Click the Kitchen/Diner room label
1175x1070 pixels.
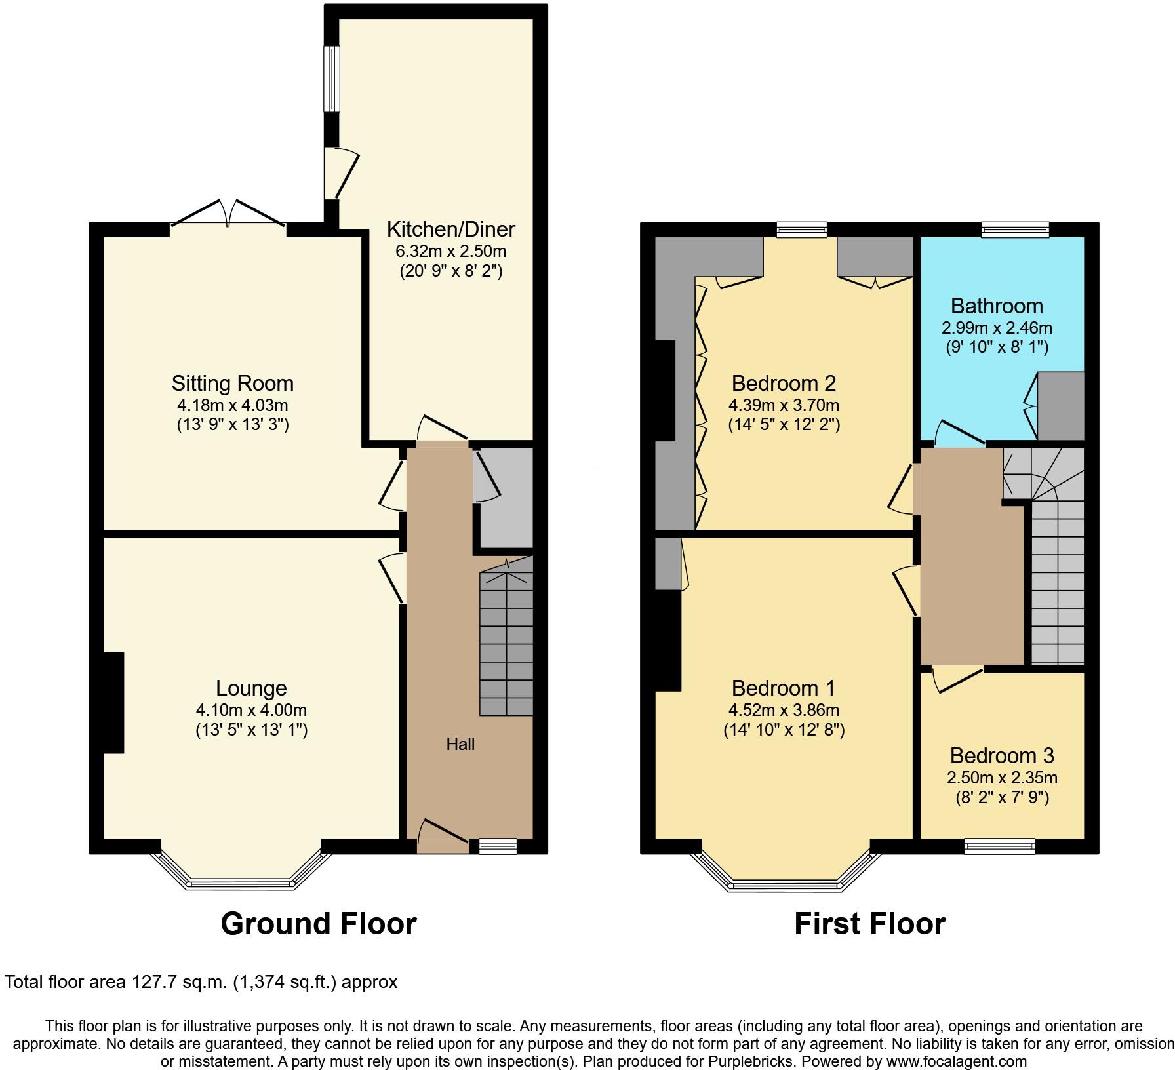coord(450,229)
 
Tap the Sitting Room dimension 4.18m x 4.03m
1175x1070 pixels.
coord(232,405)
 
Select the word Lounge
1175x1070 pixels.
coord(251,688)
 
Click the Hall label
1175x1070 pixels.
coord(460,744)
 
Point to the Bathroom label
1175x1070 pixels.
coord(996,306)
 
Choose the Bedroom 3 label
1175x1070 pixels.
coord(1001,756)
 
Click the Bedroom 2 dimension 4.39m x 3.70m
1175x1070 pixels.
coord(784,405)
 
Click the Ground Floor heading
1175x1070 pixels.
coord(318,924)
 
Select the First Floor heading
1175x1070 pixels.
coord(869,924)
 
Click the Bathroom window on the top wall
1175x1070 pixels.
coord(1015,229)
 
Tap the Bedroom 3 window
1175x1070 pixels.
coord(999,846)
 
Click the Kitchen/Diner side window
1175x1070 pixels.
coord(332,79)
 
